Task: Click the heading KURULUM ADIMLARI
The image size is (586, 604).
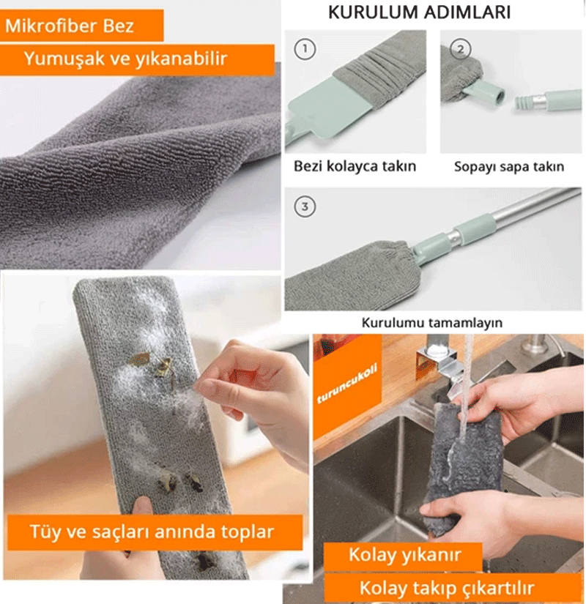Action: (419, 12)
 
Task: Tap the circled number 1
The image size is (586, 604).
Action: (305, 49)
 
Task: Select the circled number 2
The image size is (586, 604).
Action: (460, 49)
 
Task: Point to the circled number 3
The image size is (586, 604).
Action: (305, 206)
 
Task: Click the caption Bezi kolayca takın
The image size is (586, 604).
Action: (355, 166)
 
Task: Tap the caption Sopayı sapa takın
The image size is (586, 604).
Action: (509, 167)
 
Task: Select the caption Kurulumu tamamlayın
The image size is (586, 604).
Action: (431, 322)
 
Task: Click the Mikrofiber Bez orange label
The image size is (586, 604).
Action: (81, 26)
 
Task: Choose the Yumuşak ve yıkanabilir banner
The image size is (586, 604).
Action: (137, 59)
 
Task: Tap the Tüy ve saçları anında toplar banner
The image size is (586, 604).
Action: (155, 532)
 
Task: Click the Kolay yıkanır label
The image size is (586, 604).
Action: (404, 556)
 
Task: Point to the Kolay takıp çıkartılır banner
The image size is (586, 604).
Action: (452, 588)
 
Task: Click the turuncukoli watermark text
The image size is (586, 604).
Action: (346, 383)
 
